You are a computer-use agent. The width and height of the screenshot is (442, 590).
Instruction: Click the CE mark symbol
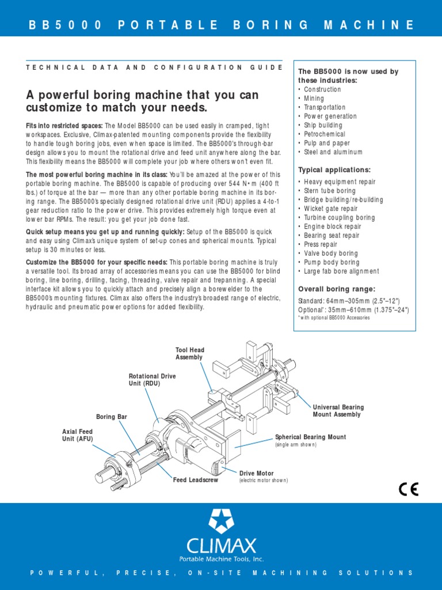click(409, 489)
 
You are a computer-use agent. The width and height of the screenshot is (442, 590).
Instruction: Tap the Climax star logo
click(221, 521)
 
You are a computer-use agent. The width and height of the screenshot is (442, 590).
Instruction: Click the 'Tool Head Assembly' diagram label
click(189, 354)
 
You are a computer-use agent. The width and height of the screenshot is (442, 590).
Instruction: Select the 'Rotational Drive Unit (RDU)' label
click(152, 380)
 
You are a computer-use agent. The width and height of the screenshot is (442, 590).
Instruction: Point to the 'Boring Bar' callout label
click(111, 416)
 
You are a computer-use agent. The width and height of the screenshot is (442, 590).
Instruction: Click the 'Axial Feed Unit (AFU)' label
click(77, 435)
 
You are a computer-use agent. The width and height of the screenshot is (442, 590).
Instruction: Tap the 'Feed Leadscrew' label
click(196, 480)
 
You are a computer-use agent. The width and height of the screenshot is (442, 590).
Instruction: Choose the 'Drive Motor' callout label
click(257, 473)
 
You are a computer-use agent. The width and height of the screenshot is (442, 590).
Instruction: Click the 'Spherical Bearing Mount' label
click(310, 437)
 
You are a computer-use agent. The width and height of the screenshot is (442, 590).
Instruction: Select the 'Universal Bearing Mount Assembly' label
click(338, 411)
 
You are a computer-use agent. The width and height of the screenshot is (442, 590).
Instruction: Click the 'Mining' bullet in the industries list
click(314, 99)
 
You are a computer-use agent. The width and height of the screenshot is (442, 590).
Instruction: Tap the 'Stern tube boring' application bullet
click(330, 191)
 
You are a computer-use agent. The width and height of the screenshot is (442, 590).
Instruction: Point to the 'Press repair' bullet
click(322, 244)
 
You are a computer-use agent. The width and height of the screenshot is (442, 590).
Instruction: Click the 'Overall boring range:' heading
click(336, 289)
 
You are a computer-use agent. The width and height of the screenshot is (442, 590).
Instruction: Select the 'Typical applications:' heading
click(334, 170)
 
